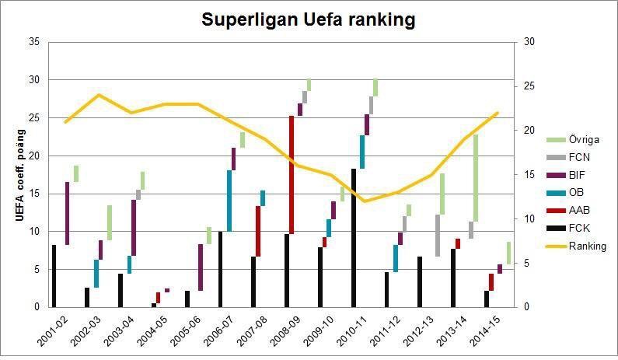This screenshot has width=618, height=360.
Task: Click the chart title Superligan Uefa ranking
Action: [309, 19]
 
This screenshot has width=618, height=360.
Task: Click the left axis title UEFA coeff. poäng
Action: [21, 174]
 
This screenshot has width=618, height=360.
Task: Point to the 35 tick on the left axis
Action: [32, 42]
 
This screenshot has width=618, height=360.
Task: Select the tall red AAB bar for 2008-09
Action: [292, 175]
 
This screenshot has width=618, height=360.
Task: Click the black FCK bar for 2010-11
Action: [353, 237]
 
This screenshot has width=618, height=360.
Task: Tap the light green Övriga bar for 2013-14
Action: [475, 178]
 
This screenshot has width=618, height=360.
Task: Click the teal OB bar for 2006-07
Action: [229, 201]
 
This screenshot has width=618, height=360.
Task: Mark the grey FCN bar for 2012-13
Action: [438, 236]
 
